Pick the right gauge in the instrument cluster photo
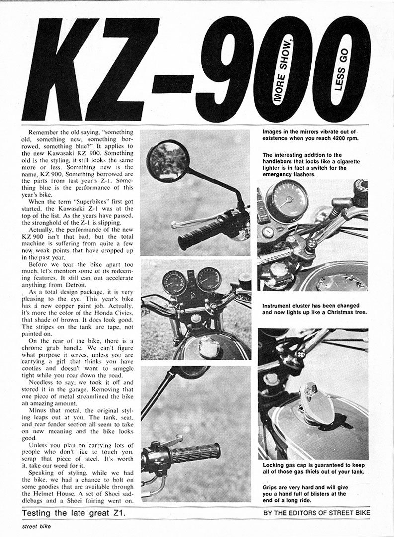tap(209, 279)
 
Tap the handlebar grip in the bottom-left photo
tap(195, 452)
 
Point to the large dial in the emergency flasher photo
tap(287, 200)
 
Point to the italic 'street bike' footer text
tap(35, 526)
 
